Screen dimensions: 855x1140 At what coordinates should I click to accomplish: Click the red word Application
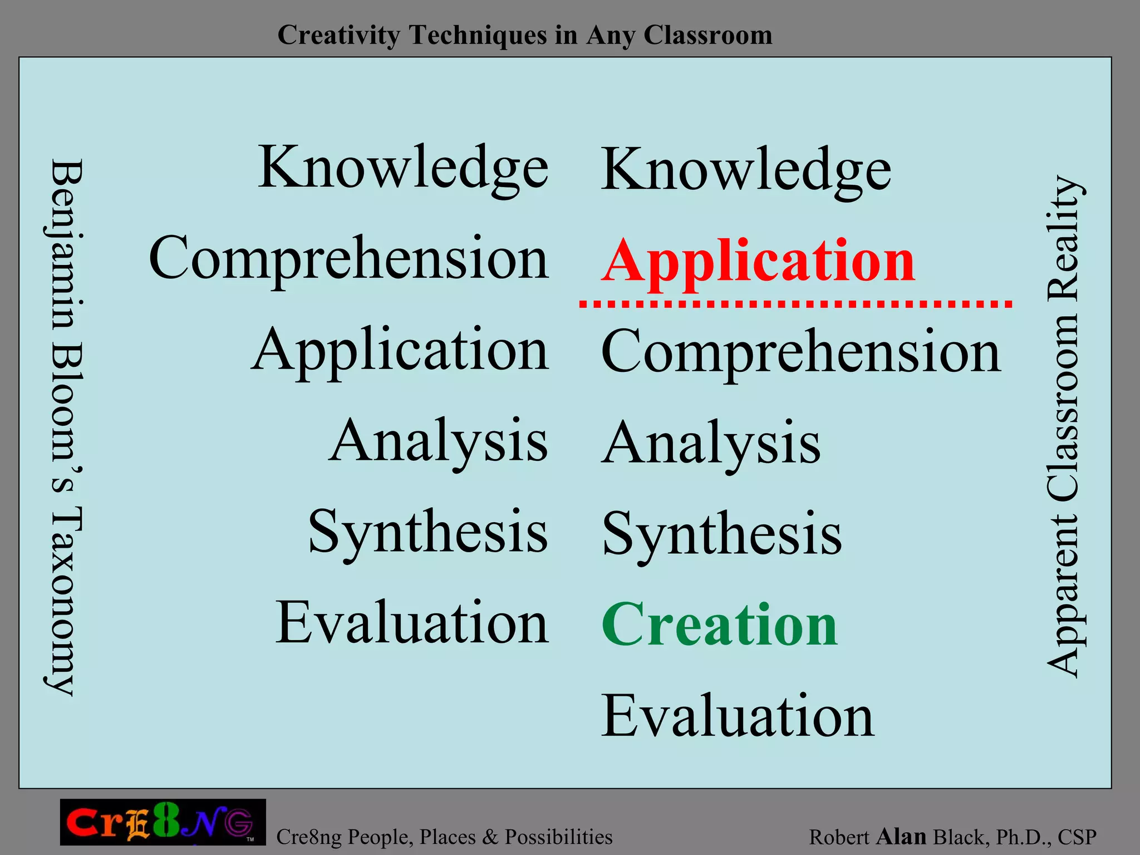coord(758,262)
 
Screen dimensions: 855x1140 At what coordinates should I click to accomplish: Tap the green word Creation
coord(720,626)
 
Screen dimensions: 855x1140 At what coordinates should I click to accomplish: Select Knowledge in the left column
coord(404,168)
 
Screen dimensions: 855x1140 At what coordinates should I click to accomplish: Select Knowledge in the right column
coord(746,170)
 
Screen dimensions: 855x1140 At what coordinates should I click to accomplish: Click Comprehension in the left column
coord(349,258)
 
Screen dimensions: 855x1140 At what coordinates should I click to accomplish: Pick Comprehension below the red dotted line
coord(801,352)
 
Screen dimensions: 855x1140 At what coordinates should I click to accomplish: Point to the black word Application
coord(400,351)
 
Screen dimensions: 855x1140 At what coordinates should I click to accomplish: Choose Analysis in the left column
coord(439,441)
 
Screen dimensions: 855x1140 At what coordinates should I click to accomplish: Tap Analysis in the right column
coord(711,444)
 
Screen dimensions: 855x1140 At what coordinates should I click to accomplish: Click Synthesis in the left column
coord(428,532)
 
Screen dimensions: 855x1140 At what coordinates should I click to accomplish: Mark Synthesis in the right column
coord(722,534)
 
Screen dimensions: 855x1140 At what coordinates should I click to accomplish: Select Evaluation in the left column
coord(412,622)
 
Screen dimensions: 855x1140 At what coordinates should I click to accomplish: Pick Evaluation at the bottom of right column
coord(738,716)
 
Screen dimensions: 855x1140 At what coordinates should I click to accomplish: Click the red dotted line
coord(795,304)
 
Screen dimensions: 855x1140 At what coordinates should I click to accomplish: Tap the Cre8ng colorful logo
coord(163,822)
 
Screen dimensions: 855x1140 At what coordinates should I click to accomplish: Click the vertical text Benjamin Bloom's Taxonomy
coord(66,427)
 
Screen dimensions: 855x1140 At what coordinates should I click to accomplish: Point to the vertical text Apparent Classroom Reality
coord(1063,427)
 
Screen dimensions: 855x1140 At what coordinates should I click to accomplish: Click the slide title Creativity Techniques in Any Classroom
coord(524,35)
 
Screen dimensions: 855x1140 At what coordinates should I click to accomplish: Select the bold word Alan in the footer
coord(901,836)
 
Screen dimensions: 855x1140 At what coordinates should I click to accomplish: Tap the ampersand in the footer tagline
coord(490,837)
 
